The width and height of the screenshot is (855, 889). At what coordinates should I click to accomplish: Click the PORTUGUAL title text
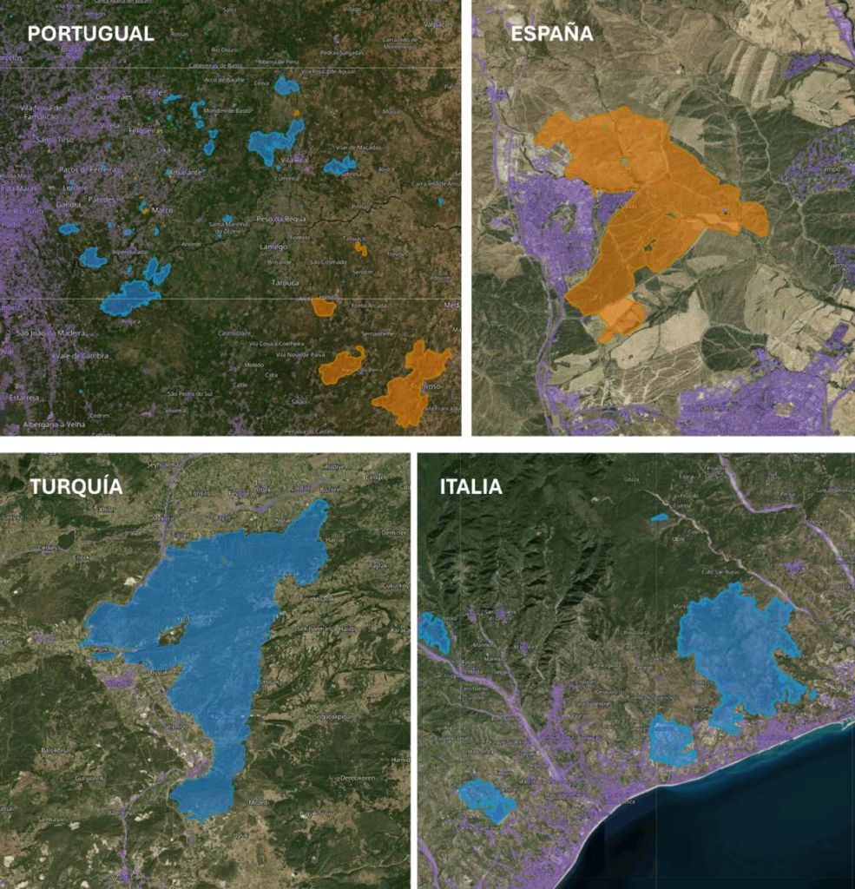[90, 34]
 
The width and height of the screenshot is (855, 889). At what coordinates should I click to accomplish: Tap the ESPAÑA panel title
[551, 34]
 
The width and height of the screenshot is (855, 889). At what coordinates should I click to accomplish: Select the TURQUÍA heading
[76, 487]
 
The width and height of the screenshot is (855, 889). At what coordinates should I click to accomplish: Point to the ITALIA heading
[470, 487]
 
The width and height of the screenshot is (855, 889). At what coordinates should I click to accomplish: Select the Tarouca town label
[284, 283]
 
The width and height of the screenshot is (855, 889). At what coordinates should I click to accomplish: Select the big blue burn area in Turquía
[217, 608]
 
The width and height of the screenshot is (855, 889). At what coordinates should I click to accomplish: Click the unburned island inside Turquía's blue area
[172, 636]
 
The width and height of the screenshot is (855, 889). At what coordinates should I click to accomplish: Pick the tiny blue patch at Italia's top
[660, 517]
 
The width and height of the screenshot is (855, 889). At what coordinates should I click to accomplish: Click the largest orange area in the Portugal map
[410, 386]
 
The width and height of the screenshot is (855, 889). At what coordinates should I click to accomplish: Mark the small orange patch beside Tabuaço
[360, 249]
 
